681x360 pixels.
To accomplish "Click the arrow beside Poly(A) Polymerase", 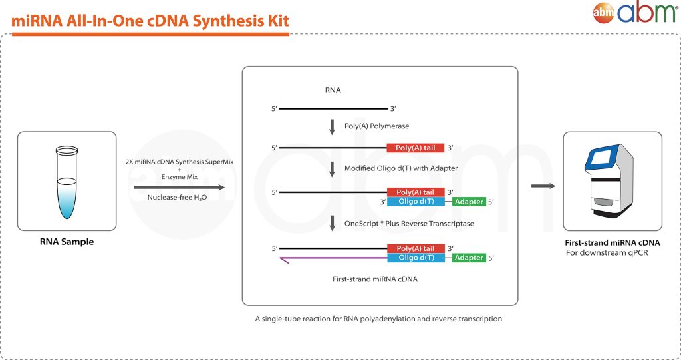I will pos(332,126).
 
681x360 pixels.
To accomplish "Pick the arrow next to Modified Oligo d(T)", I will pos(332,168).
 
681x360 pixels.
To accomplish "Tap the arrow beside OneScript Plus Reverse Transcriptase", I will pos(332,223).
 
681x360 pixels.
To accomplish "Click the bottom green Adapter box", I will pos(469,258).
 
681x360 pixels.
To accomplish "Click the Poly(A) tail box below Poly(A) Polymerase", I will pos(416,148).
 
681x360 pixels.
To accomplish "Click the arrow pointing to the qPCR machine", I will pos(543,186).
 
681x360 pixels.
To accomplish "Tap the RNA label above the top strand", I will pos(333,90).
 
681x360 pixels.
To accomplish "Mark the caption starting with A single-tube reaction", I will pos(378,319).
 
